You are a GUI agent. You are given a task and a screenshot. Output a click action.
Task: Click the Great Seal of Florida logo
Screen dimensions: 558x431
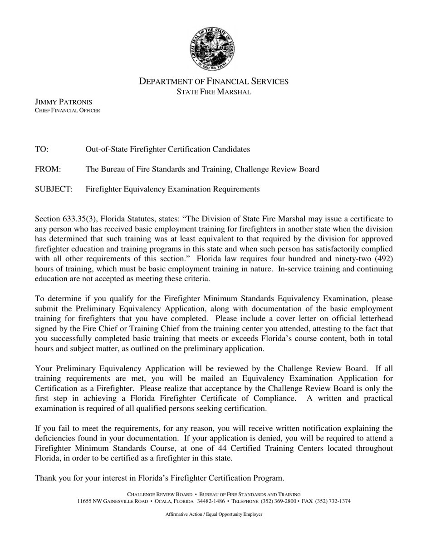click(x=212, y=49)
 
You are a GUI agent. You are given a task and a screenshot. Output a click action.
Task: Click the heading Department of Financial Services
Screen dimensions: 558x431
click(x=213, y=82)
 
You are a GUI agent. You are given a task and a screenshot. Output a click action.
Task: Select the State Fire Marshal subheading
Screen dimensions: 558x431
click(x=213, y=92)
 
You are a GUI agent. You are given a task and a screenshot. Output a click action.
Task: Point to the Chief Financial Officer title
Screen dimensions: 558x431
click(x=68, y=110)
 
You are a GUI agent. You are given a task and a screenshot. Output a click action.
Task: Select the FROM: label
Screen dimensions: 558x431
click(x=48, y=169)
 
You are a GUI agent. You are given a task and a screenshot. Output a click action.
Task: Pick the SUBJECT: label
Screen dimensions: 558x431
click(x=54, y=189)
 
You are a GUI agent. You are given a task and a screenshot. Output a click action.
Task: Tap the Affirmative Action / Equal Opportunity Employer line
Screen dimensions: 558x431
click(x=214, y=514)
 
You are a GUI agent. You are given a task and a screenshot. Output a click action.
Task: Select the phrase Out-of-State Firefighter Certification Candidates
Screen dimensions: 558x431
click(x=167, y=149)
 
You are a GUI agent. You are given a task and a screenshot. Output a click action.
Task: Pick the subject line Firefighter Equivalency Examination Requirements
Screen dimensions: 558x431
click(x=172, y=189)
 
